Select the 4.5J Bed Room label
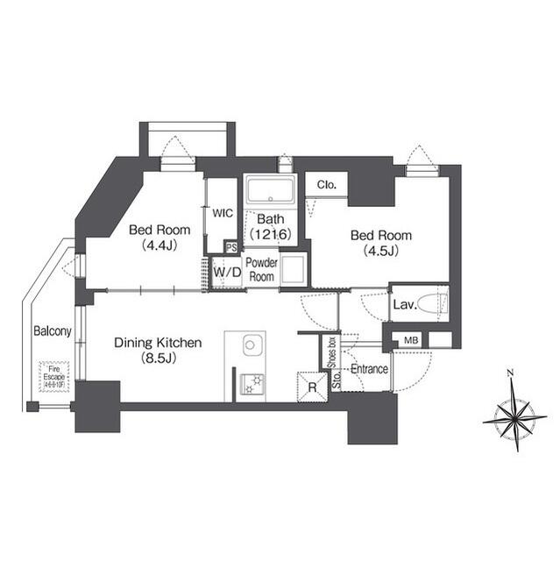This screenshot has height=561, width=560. (x=380, y=243)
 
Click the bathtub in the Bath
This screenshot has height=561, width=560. (x=270, y=191)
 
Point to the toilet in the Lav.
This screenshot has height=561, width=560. (x=430, y=304)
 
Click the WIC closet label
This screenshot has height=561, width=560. (x=222, y=211)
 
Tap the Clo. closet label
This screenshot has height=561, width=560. (x=327, y=185)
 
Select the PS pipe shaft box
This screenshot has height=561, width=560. (x=230, y=248)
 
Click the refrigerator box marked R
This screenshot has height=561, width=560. (x=311, y=387)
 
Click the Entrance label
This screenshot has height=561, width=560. (x=369, y=370)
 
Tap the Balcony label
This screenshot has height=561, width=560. (x=53, y=331)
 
